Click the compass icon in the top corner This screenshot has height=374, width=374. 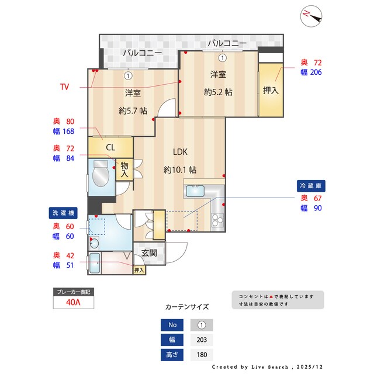tap(310, 16)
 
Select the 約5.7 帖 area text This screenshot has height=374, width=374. tap(133, 111)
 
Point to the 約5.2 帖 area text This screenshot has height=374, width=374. tap(218, 92)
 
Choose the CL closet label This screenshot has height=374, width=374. tap(110, 147)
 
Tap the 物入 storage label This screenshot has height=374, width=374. tap(124, 169)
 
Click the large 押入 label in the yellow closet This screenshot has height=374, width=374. tap(271, 91)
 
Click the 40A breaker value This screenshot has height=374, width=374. tap(73, 303)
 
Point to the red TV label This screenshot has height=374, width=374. tap(64, 87)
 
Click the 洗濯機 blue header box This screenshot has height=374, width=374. tap(63, 213)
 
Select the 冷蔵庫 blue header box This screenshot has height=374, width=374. tap(311, 185)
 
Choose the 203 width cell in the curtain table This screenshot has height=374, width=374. tap(202, 340)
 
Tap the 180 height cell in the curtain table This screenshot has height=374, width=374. tap(202, 354)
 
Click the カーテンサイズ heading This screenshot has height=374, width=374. tap(187, 306)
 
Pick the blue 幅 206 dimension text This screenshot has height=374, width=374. tap(311, 72)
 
